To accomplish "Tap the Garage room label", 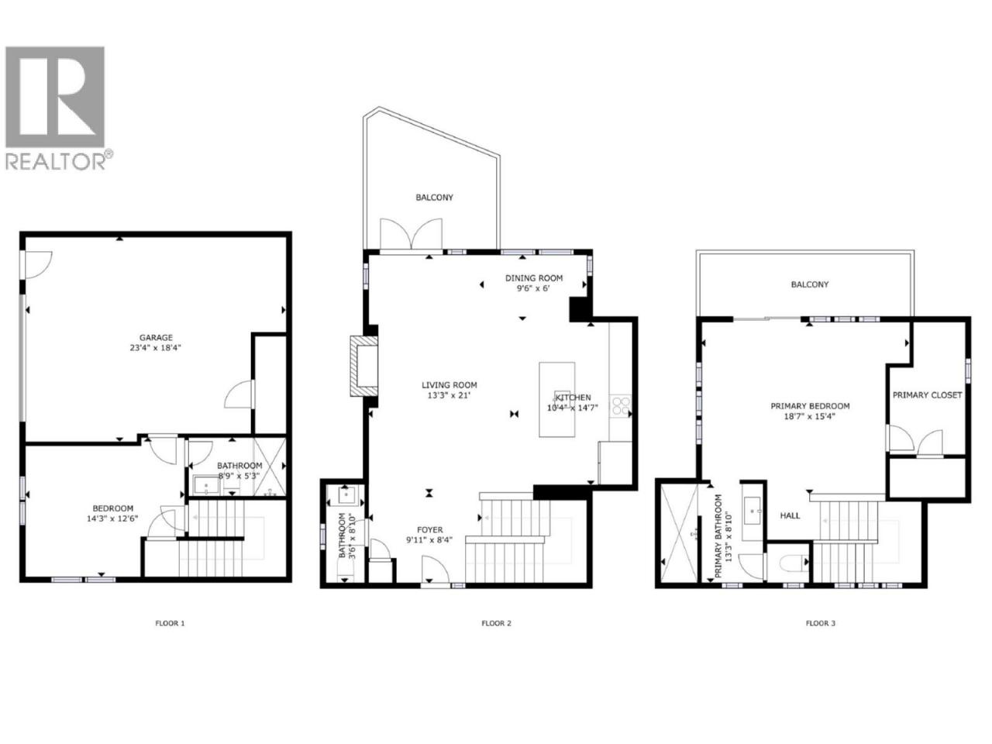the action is (x=156, y=337).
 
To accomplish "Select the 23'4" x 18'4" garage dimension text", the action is (x=156, y=348).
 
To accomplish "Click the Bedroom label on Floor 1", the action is (x=112, y=508).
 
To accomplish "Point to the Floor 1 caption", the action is (x=170, y=623).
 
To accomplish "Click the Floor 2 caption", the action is (x=496, y=623).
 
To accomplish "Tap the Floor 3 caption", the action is (x=821, y=623).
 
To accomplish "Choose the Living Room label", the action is (x=449, y=385).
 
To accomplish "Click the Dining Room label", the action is (x=534, y=278).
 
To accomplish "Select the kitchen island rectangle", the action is (x=556, y=400).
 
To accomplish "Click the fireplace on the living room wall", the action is (x=363, y=367).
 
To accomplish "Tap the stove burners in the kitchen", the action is (x=620, y=405).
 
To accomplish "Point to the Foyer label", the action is (x=430, y=530).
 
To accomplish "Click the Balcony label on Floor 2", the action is (x=434, y=198).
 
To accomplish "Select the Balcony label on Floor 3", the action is (x=809, y=284).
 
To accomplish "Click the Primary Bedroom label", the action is (x=810, y=406).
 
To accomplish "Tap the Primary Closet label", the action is (x=928, y=395).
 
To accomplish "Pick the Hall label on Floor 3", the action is (x=790, y=515).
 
